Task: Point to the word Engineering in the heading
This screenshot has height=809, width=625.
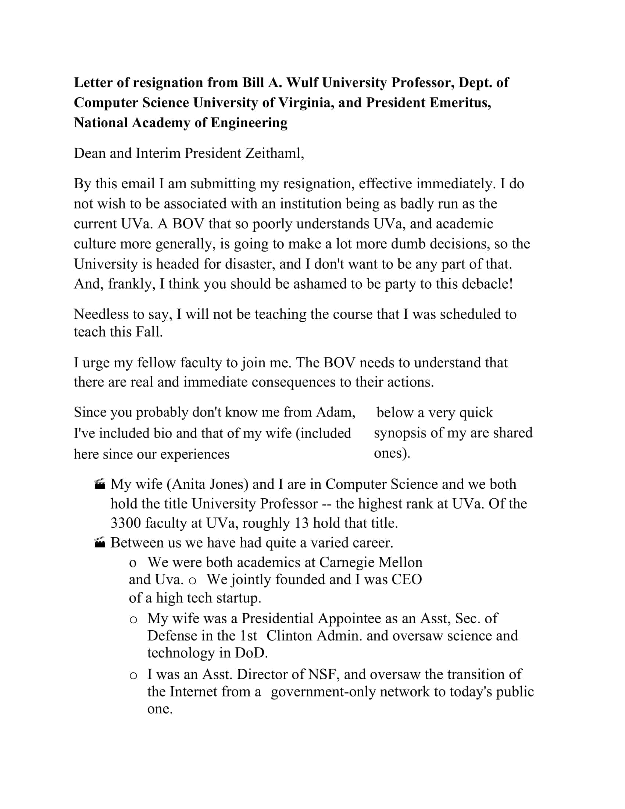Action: click(x=249, y=122)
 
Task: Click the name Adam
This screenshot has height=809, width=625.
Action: click(x=335, y=412)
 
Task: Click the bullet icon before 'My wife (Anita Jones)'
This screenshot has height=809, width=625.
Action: click(x=100, y=484)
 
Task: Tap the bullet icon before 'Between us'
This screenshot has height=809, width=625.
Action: click(x=100, y=543)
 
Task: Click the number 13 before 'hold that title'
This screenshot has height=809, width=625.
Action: click(x=301, y=523)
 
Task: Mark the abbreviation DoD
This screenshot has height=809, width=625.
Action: click(x=251, y=653)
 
